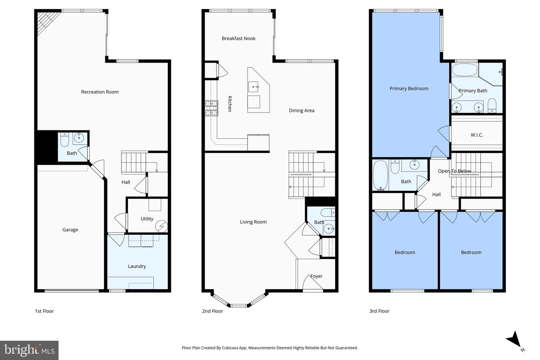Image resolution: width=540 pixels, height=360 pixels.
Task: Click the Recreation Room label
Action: (100, 92)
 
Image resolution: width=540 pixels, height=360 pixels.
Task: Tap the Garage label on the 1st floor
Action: (70, 230)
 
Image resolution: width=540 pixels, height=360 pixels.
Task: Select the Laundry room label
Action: (137, 266)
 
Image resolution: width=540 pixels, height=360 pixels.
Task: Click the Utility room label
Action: (147, 219)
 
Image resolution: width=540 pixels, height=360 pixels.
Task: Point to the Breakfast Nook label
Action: (238, 38)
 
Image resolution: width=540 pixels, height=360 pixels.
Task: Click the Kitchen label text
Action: (230, 104)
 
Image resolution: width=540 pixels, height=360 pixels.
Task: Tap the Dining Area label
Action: (301, 111)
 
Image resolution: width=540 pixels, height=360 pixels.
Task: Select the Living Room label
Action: (253, 222)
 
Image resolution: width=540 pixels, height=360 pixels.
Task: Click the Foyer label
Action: (316, 276)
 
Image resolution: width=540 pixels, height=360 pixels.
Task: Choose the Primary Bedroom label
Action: (409, 88)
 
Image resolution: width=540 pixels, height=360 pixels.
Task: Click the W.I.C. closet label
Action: (477, 135)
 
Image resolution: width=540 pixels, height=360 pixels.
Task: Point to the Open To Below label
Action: (454, 171)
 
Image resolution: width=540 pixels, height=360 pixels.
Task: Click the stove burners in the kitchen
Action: (211, 108)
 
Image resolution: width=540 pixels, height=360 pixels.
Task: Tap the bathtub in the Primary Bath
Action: (465, 70)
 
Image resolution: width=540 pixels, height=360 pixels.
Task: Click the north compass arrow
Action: (514, 339)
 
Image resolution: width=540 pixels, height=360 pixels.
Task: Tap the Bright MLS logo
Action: (29, 350)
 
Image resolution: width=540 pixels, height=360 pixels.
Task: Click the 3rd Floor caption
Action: (379, 311)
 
